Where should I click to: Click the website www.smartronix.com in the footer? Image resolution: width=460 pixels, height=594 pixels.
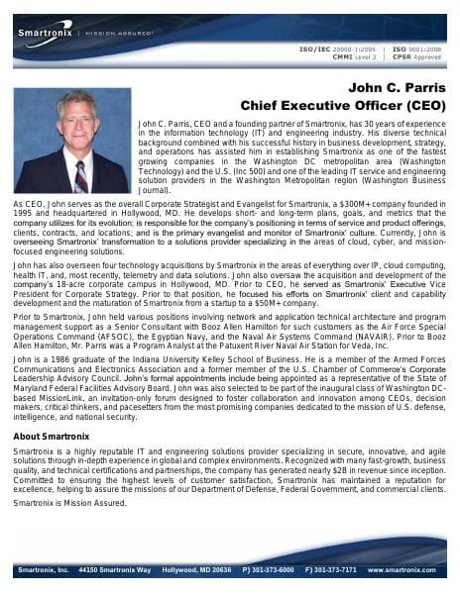coord(402,570)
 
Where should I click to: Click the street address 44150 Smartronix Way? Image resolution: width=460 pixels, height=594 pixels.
coord(116,570)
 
